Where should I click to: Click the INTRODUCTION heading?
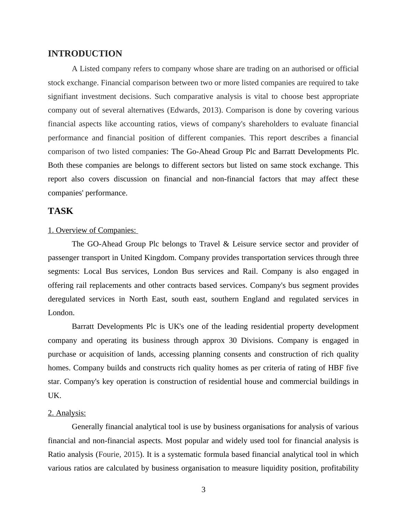point(85,54)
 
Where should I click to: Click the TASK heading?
point(61,211)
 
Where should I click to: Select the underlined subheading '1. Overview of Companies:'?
point(92,230)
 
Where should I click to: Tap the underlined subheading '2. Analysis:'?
point(67,413)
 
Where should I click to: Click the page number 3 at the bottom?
point(203,490)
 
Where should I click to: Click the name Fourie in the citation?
point(109,454)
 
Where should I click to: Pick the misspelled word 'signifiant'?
point(63,97)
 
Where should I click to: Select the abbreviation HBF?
point(336,368)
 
